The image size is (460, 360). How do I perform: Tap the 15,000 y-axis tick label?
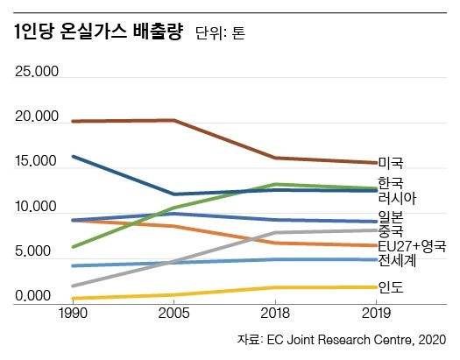tap(37, 163)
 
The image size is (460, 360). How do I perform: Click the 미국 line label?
tap(390, 162)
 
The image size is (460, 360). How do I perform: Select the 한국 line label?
tap(390, 182)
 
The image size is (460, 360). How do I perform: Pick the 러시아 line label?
tap(396, 197)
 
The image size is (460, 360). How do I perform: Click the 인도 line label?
tap(390, 286)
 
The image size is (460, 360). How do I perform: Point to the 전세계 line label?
tap(396, 260)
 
